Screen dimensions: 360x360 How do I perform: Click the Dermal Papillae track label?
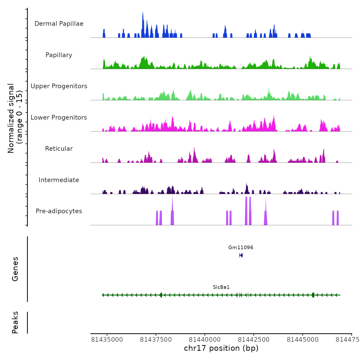point(59,24)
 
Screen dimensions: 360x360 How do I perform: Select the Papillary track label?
point(59,55)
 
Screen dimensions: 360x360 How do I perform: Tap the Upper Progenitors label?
point(59,86)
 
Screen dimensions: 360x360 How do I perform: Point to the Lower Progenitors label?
point(59,118)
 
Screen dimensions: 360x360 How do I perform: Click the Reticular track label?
point(59,149)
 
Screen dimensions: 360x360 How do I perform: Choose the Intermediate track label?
point(59,180)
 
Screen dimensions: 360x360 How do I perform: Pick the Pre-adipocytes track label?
point(59,211)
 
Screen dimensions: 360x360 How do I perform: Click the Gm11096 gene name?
point(241,248)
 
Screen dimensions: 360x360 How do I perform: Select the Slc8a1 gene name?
point(221,287)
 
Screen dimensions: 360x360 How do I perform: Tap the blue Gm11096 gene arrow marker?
point(241,255)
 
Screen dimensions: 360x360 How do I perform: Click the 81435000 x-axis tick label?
point(107,340)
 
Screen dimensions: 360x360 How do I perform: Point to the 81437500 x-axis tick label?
point(156,340)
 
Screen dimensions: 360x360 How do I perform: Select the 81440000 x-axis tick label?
point(205,340)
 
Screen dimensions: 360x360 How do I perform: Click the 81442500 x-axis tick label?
point(254,340)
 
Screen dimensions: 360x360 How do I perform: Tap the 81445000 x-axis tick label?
point(303,340)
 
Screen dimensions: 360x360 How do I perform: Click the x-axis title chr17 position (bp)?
point(221,348)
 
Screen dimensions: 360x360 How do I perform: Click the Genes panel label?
point(15,269)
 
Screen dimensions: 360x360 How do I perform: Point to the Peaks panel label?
point(15,322)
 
